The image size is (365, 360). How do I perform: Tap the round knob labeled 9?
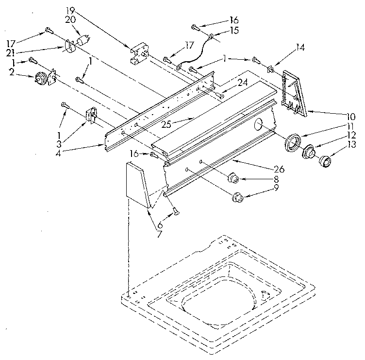click(237, 197)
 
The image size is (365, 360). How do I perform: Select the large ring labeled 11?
click(293, 141)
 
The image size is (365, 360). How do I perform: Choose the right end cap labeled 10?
click(295, 92)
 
